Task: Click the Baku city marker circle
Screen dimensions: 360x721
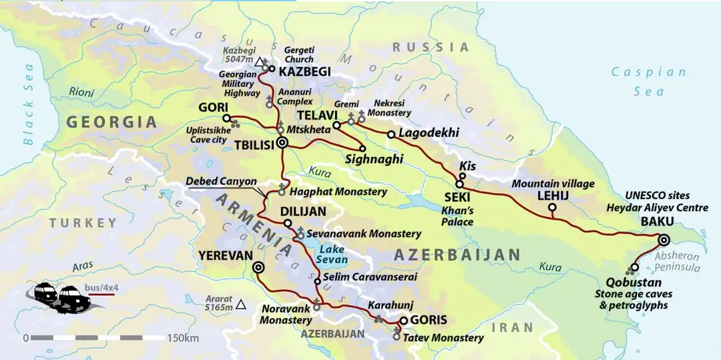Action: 664,240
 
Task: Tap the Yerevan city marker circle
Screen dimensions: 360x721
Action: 258,267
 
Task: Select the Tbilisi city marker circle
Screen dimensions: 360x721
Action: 282,142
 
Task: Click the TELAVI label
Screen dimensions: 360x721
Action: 315,116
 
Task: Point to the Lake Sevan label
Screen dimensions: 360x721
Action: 332,254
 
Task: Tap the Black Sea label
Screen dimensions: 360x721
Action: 28,104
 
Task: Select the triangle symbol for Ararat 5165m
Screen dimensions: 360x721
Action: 241,305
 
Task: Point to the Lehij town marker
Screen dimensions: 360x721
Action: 551,208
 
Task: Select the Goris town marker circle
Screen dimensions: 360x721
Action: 403,320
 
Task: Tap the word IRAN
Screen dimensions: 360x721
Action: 512,327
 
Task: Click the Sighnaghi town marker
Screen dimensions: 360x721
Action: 363,148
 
